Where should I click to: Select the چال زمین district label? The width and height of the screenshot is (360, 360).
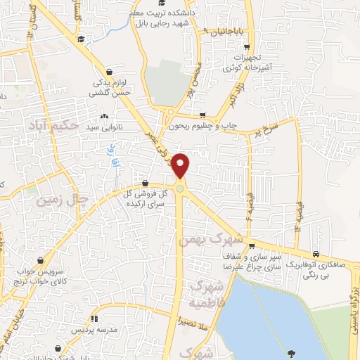pyautogui.click(x=65, y=200)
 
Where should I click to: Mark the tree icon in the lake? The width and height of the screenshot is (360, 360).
pyautogui.click(x=291, y=352)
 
